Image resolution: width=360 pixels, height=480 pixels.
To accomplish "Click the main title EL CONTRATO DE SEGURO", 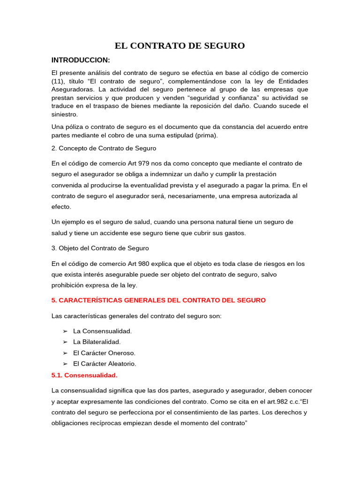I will [180, 46].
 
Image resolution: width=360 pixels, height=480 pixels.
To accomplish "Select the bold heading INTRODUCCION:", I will [81, 60].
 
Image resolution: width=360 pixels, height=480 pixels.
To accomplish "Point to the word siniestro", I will [65, 114].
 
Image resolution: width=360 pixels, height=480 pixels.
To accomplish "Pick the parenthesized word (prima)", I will [207, 135].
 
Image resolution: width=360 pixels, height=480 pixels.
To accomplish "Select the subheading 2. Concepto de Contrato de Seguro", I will [104, 148].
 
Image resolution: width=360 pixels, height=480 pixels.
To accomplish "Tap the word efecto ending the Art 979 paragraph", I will [61, 206].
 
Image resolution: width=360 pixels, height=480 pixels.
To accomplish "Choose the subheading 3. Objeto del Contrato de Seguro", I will [100, 248].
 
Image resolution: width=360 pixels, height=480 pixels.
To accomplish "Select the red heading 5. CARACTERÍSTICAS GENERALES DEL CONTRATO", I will [158, 300].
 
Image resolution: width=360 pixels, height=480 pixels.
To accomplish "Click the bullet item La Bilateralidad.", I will [97, 342].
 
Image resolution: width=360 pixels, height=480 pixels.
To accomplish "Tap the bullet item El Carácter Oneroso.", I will [104, 353].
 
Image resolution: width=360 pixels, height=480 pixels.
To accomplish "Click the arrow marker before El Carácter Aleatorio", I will [65, 364].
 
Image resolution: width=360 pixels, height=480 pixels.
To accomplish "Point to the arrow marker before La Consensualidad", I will [65, 331].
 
